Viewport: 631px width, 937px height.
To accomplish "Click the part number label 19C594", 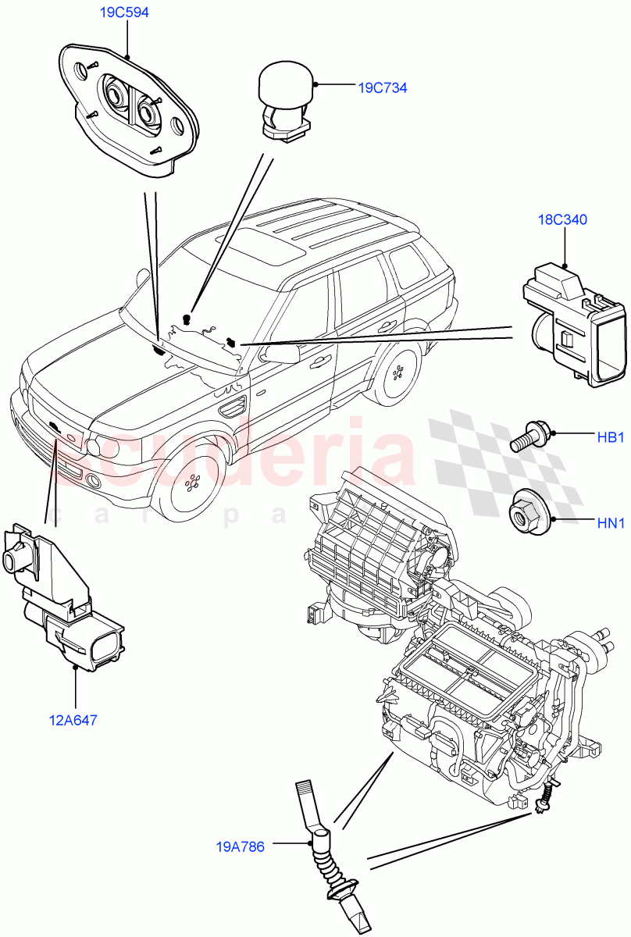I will pos(125,12).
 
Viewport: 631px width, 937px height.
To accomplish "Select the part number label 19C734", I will pos(383,88).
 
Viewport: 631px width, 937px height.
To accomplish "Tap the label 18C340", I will pos(562,219).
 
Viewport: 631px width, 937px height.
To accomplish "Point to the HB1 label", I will pos(611,437).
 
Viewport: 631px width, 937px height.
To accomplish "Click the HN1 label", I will pos(611,524).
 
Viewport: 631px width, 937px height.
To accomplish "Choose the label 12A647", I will pos(73,721).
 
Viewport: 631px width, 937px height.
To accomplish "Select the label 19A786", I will pos(241,846).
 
